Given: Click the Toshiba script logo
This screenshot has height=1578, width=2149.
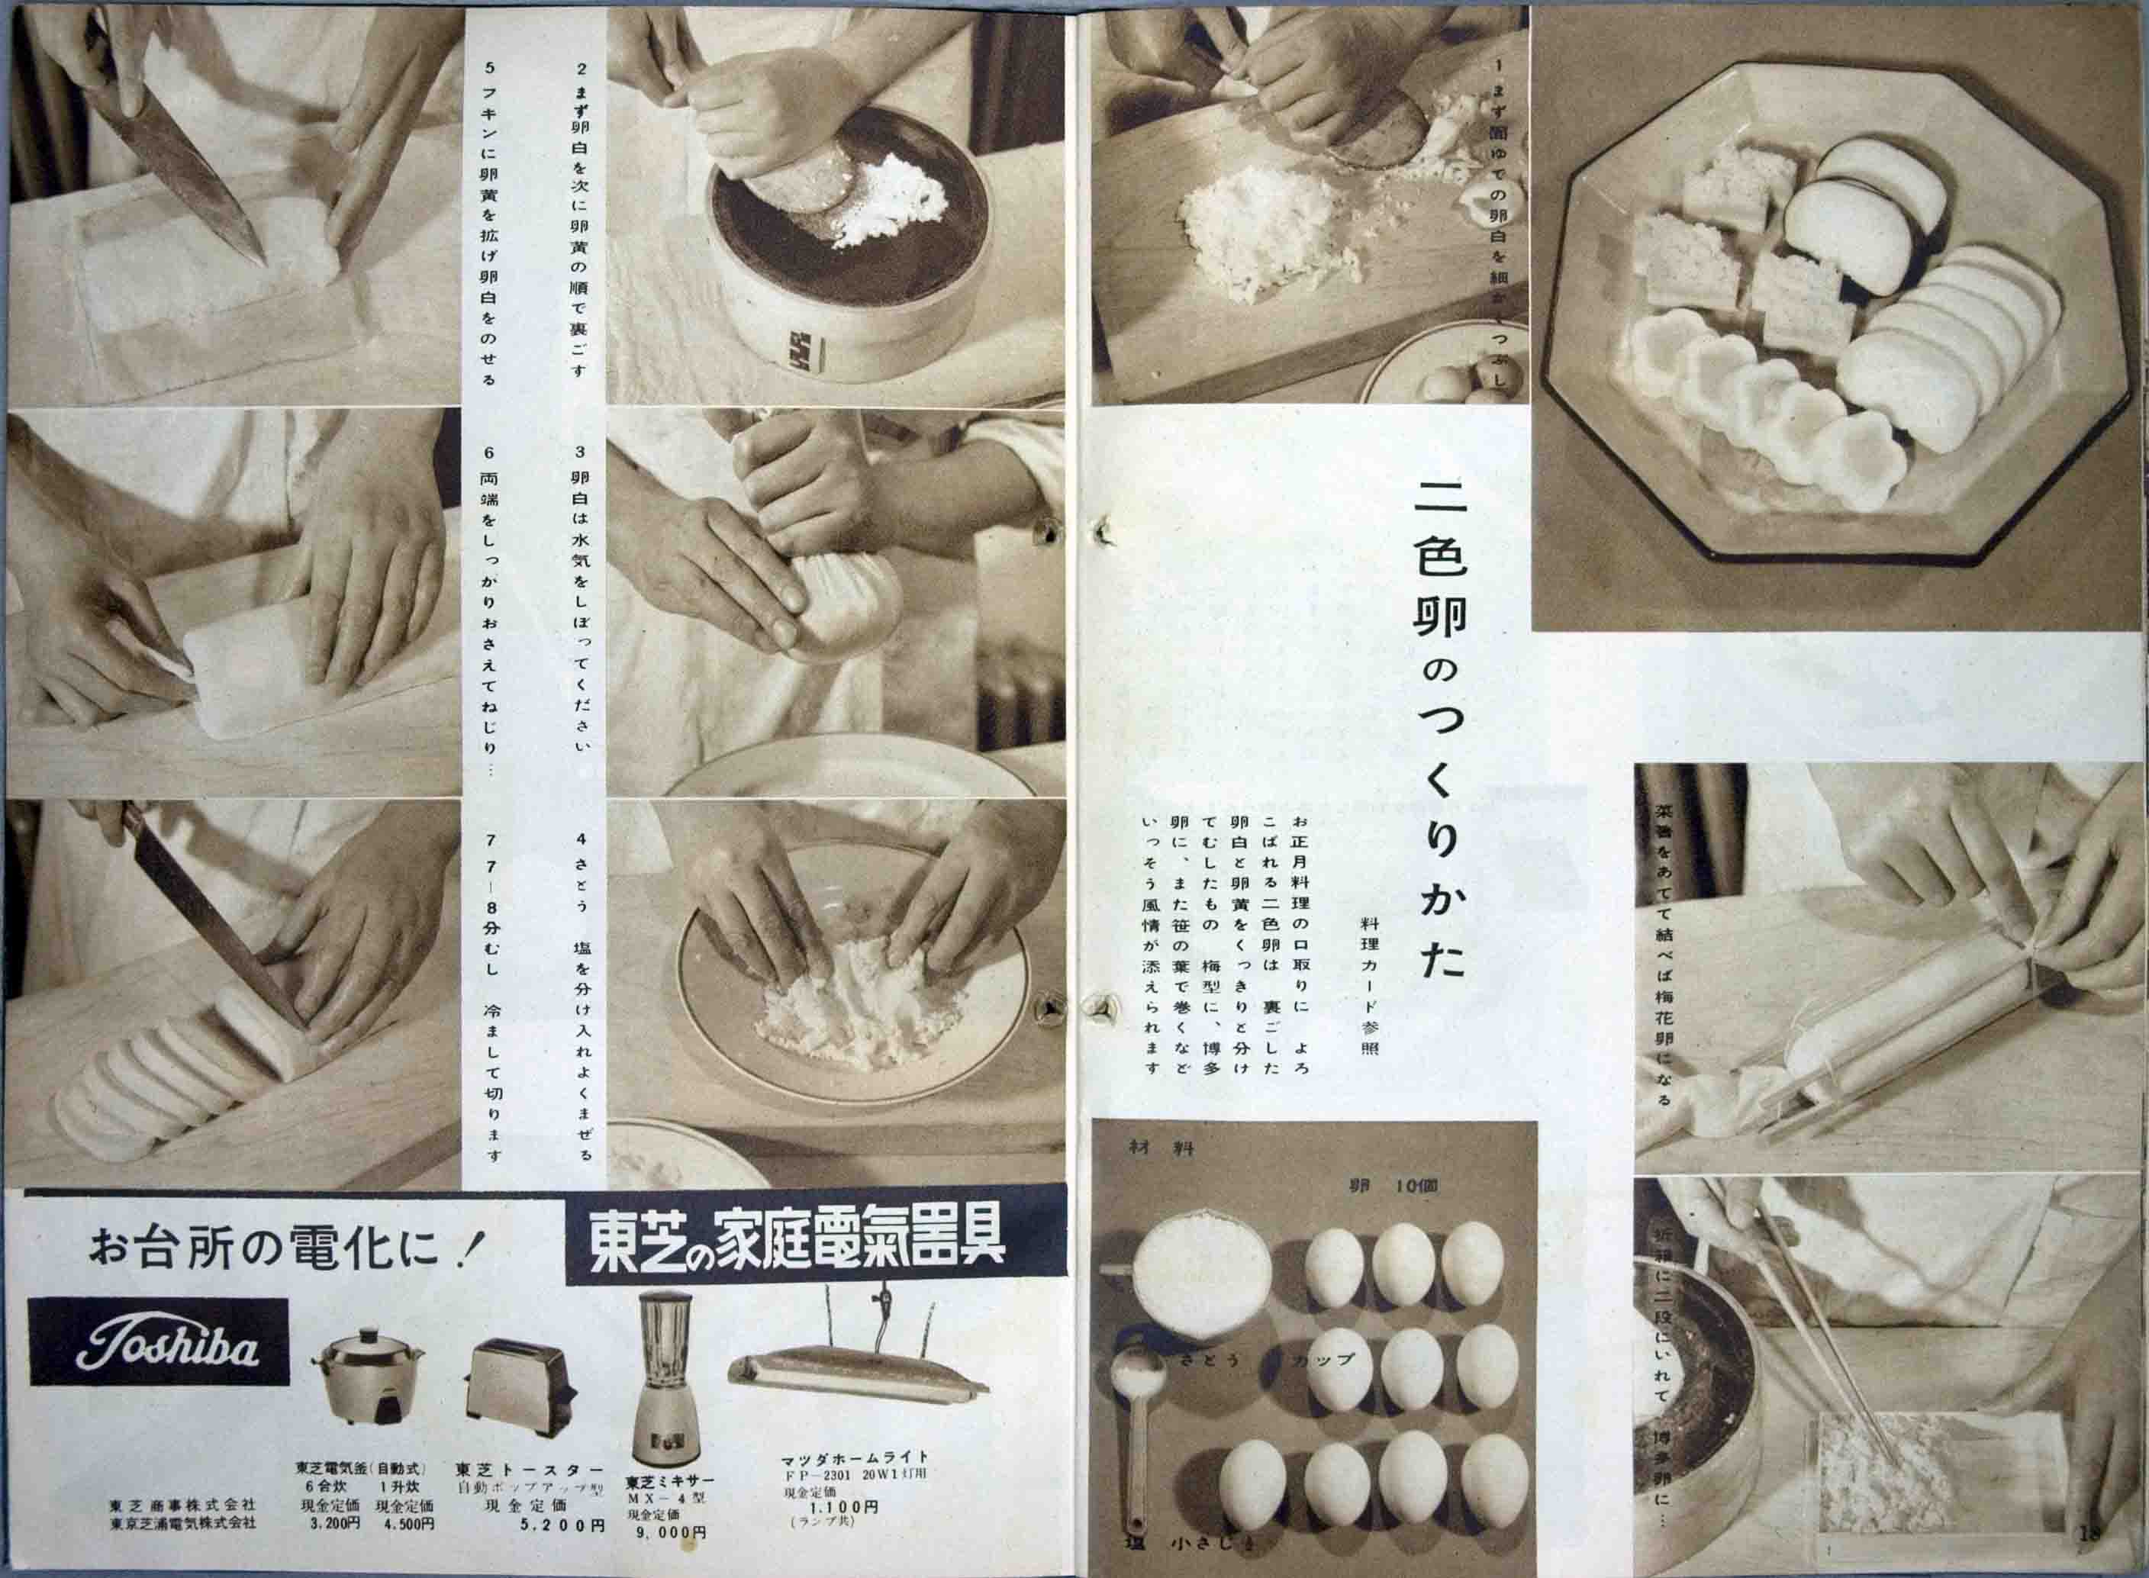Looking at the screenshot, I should [x=158, y=1343].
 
